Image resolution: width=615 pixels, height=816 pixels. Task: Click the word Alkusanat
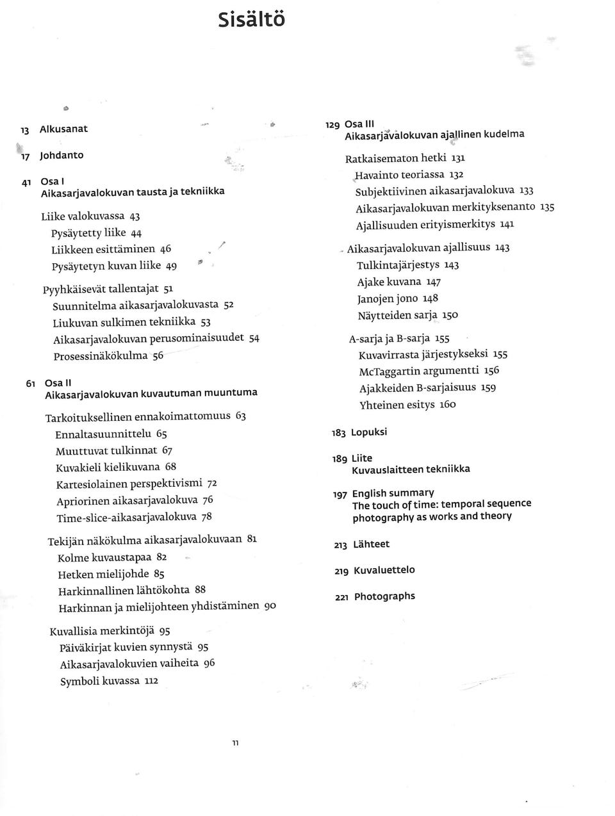(63, 129)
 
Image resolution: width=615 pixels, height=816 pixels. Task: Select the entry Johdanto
(61, 155)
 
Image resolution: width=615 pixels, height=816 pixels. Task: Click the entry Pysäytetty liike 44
(97, 233)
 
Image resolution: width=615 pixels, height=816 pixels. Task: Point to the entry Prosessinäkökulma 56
(109, 355)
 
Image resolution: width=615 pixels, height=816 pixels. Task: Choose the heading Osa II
(53, 383)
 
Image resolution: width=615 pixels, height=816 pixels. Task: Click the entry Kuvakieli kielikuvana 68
(116, 467)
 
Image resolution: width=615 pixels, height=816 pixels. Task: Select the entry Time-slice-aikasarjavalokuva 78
(134, 517)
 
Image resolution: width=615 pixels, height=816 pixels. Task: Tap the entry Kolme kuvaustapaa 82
(112, 558)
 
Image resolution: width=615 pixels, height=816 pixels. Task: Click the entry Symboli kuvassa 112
(109, 681)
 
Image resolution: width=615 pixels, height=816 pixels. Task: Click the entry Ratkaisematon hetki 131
(405, 158)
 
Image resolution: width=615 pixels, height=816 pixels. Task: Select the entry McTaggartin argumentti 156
(429, 371)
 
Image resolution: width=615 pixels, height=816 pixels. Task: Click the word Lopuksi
(369, 432)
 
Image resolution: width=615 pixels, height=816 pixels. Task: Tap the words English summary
(393, 493)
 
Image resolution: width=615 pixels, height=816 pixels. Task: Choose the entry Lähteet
(371, 544)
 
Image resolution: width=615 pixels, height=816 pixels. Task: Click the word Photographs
(384, 596)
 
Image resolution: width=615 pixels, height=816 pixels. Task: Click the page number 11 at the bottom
(235, 744)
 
